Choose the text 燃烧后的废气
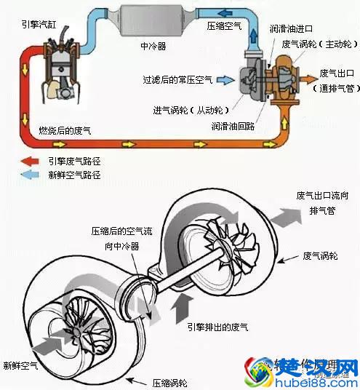[66, 130]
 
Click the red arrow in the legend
[28, 162]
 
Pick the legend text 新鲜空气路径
[73, 175]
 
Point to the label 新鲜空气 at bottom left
[21, 365]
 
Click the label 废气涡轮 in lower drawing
[320, 256]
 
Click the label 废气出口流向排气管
[324, 203]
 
